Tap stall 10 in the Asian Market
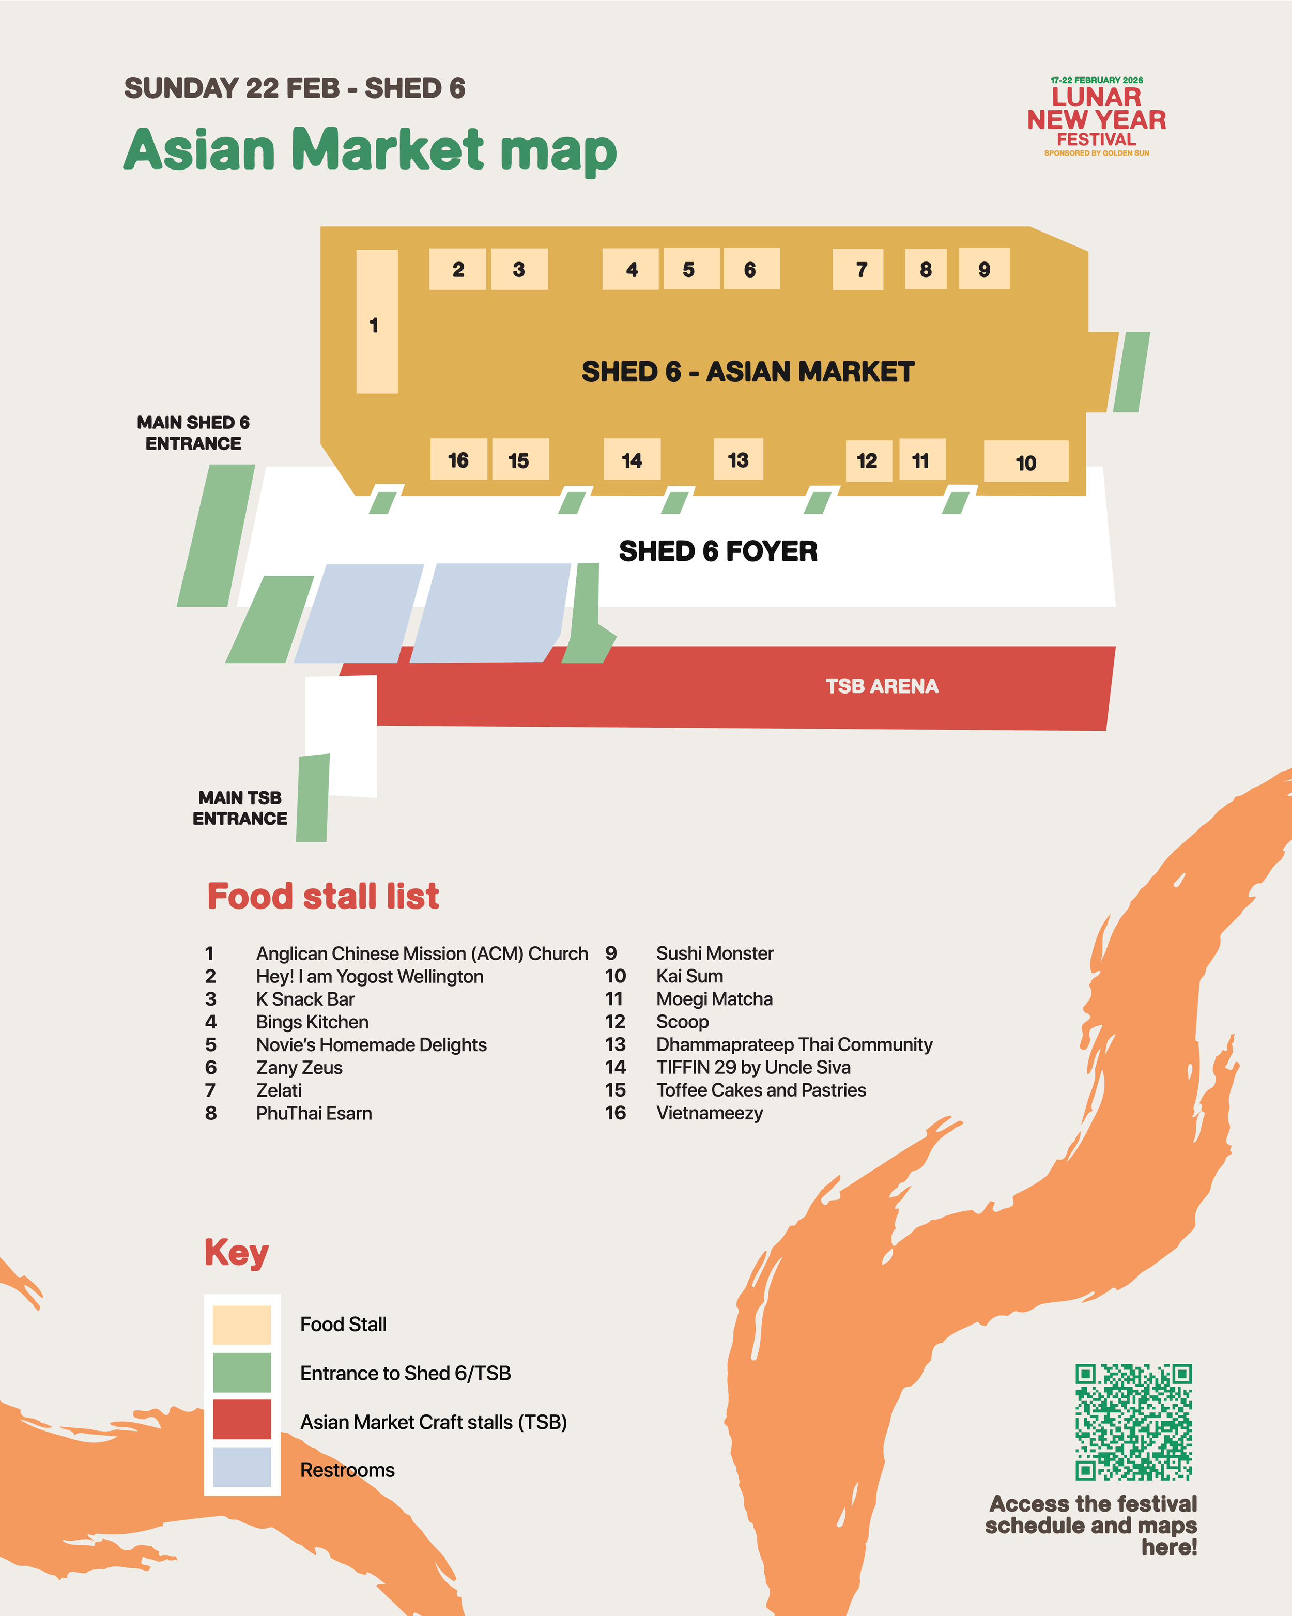click(x=1025, y=461)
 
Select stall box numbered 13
click(x=737, y=459)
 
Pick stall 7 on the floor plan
click(x=857, y=269)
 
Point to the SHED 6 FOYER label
click(x=717, y=551)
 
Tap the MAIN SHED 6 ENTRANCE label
click(x=193, y=433)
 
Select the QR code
click(x=1133, y=1422)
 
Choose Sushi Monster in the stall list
click(x=714, y=953)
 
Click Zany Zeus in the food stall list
click(x=299, y=1067)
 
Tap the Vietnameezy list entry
click(x=709, y=1113)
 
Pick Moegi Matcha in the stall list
click(x=714, y=999)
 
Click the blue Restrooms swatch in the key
click(x=241, y=1467)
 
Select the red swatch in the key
click(x=241, y=1419)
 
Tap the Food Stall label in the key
click(x=343, y=1325)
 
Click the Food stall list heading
click(x=323, y=897)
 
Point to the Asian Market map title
click(x=370, y=150)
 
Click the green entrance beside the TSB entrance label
click(x=313, y=798)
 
